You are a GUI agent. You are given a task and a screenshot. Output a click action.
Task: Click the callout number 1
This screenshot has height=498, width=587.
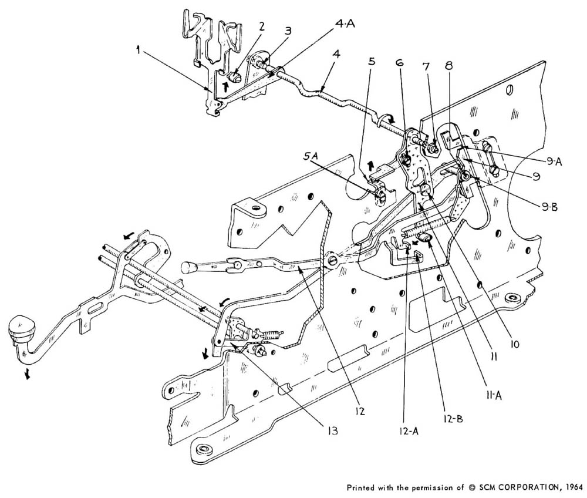tap(138, 51)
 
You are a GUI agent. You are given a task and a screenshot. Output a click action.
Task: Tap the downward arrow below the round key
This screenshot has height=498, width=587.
tap(26, 374)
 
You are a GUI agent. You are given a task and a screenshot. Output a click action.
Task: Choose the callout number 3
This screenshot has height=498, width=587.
tap(287, 30)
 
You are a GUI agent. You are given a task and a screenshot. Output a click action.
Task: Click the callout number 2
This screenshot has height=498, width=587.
tap(262, 26)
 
